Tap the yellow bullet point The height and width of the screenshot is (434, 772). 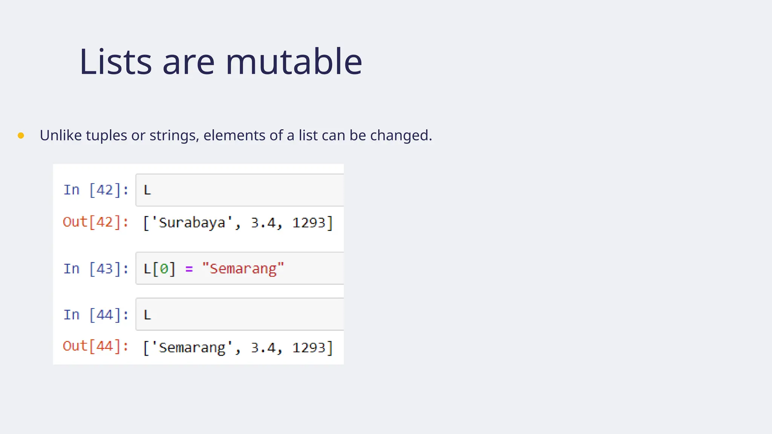tap(21, 136)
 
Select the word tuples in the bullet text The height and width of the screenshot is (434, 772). tap(106, 136)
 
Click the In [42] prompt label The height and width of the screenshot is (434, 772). tap(96, 190)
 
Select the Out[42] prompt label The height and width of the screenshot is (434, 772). tap(96, 222)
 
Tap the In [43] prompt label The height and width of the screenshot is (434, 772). tap(96, 269)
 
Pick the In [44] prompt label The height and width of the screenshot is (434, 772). tap(96, 315)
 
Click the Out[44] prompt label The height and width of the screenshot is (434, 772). tap(96, 346)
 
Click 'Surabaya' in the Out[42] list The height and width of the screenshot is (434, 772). tap(192, 223)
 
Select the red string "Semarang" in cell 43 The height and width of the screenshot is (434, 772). tap(243, 269)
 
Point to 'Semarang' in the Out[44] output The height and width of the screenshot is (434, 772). tap(192, 347)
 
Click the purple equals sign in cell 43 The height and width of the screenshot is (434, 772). tap(189, 269)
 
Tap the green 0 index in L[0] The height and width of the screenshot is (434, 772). tap(164, 269)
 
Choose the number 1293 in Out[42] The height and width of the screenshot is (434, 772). tap(309, 223)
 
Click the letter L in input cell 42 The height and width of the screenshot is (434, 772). tap(147, 190)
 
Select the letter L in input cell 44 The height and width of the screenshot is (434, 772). tap(147, 315)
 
